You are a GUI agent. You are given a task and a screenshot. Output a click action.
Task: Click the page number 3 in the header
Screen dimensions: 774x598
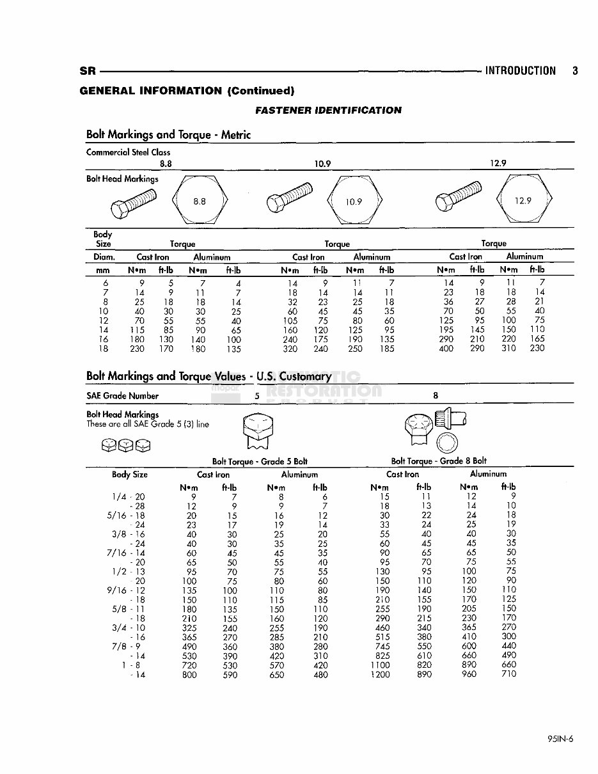(575, 71)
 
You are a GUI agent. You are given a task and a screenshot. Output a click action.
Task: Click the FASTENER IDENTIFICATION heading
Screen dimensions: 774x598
(328, 110)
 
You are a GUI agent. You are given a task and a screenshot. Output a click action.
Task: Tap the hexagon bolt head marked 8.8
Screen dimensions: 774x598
(200, 201)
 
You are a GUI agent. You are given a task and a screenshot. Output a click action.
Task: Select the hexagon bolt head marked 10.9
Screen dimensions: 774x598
(354, 201)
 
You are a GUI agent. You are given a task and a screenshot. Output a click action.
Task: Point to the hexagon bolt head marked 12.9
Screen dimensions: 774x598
(523, 201)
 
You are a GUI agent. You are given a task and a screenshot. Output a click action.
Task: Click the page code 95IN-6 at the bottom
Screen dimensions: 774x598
(560, 738)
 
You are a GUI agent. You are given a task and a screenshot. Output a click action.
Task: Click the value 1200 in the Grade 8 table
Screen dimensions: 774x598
(380, 674)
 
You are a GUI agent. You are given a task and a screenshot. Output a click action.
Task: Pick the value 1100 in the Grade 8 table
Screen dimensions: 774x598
(380, 665)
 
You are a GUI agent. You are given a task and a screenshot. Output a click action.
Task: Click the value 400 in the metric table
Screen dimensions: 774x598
(446, 349)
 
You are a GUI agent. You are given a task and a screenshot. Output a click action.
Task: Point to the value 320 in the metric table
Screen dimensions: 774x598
(290, 349)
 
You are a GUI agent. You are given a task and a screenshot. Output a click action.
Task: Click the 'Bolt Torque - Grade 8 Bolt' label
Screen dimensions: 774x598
(439, 461)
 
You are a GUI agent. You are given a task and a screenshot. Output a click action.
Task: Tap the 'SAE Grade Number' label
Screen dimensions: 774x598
(122, 396)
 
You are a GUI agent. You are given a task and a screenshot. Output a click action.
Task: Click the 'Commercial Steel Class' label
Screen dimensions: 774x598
(128, 152)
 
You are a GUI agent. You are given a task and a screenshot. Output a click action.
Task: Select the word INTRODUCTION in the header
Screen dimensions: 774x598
(520, 71)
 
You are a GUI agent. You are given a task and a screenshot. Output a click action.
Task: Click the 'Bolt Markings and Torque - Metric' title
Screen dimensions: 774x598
(168, 135)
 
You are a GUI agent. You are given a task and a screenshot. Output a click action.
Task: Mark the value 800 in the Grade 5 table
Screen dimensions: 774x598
(189, 674)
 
